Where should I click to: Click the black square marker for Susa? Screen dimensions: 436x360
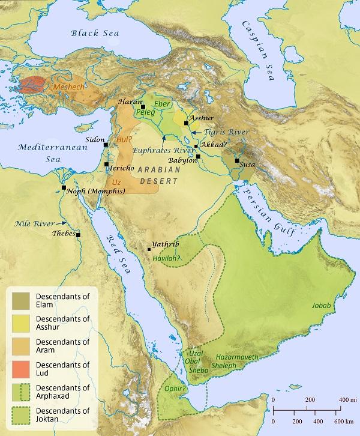pos(237,160)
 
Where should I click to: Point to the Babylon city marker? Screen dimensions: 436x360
pos(199,156)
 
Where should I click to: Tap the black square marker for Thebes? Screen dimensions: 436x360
pos(78,234)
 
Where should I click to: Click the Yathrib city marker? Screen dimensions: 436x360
pos(149,249)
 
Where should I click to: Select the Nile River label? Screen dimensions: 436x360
pos(35,223)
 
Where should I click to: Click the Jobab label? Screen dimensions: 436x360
pos(321,306)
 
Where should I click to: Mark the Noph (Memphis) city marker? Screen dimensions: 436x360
pos(64,188)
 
